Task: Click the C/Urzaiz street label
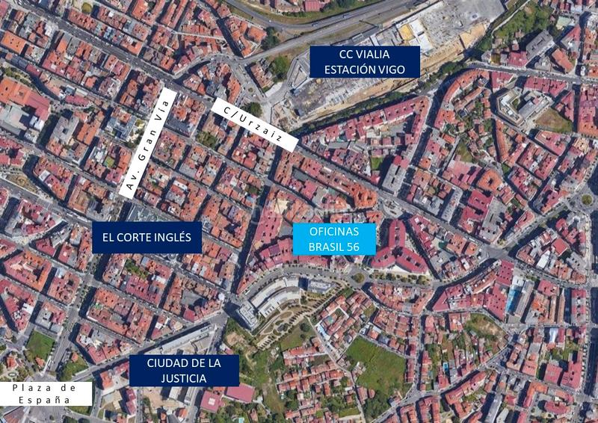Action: click(255, 124)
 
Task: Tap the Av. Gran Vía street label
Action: click(147, 142)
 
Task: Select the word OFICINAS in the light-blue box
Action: click(334, 232)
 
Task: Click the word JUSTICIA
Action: click(183, 379)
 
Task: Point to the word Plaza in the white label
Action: click(31, 388)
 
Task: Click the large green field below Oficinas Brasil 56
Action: click(378, 363)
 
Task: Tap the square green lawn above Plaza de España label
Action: click(40, 345)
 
